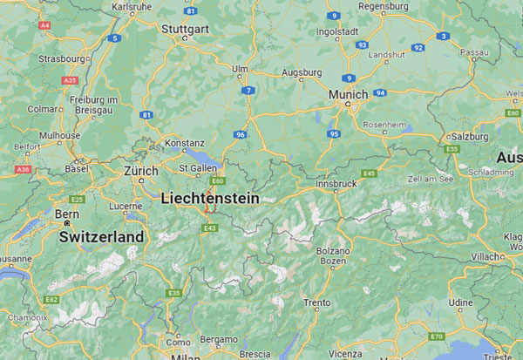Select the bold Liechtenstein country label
click(x=210, y=199)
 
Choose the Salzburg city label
click(x=472, y=137)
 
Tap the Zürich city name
click(x=141, y=171)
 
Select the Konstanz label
click(x=185, y=142)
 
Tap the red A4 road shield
click(x=44, y=25)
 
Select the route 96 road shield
click(x=239, y=135)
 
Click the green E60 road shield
click(x=217, y=181)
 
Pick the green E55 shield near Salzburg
click(x=451, y=150)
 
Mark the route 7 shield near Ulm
click(x=249, y=91)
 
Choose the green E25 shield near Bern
click(x=77, y=200)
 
